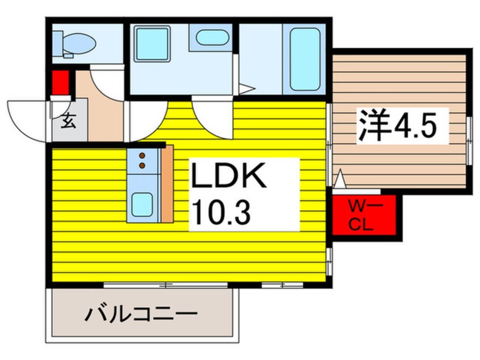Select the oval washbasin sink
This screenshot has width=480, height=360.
212,39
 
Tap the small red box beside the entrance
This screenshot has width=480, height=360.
60,82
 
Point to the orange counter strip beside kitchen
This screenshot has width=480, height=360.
167,183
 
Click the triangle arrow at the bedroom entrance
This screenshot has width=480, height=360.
339,181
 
